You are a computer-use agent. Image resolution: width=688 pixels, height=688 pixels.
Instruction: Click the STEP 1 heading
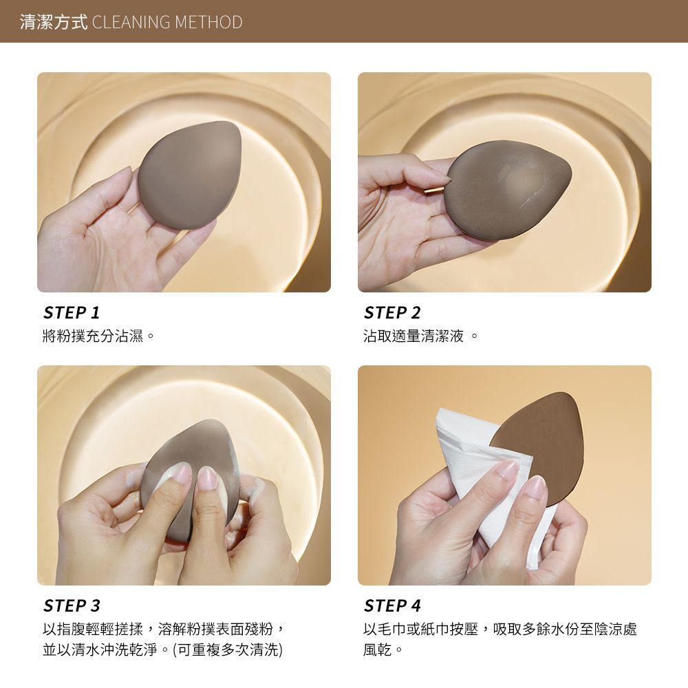72,313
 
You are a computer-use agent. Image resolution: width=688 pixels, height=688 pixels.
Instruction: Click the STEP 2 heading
392,313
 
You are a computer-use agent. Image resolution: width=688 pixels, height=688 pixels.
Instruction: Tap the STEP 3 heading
72,606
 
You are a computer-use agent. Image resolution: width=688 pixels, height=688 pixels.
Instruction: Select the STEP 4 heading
392,606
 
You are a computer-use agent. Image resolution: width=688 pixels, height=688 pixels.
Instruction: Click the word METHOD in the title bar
208,22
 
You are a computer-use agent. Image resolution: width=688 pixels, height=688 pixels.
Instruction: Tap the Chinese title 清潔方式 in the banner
54,22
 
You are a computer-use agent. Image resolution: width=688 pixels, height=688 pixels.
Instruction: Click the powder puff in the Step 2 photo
507,191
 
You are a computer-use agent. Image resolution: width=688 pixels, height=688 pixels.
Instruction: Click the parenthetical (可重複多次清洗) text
228,649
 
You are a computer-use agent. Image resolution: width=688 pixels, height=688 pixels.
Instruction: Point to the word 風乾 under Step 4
377,649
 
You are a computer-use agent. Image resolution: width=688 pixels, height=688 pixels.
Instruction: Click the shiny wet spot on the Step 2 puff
520,178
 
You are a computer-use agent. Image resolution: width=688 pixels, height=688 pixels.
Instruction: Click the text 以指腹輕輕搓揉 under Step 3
93,630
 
